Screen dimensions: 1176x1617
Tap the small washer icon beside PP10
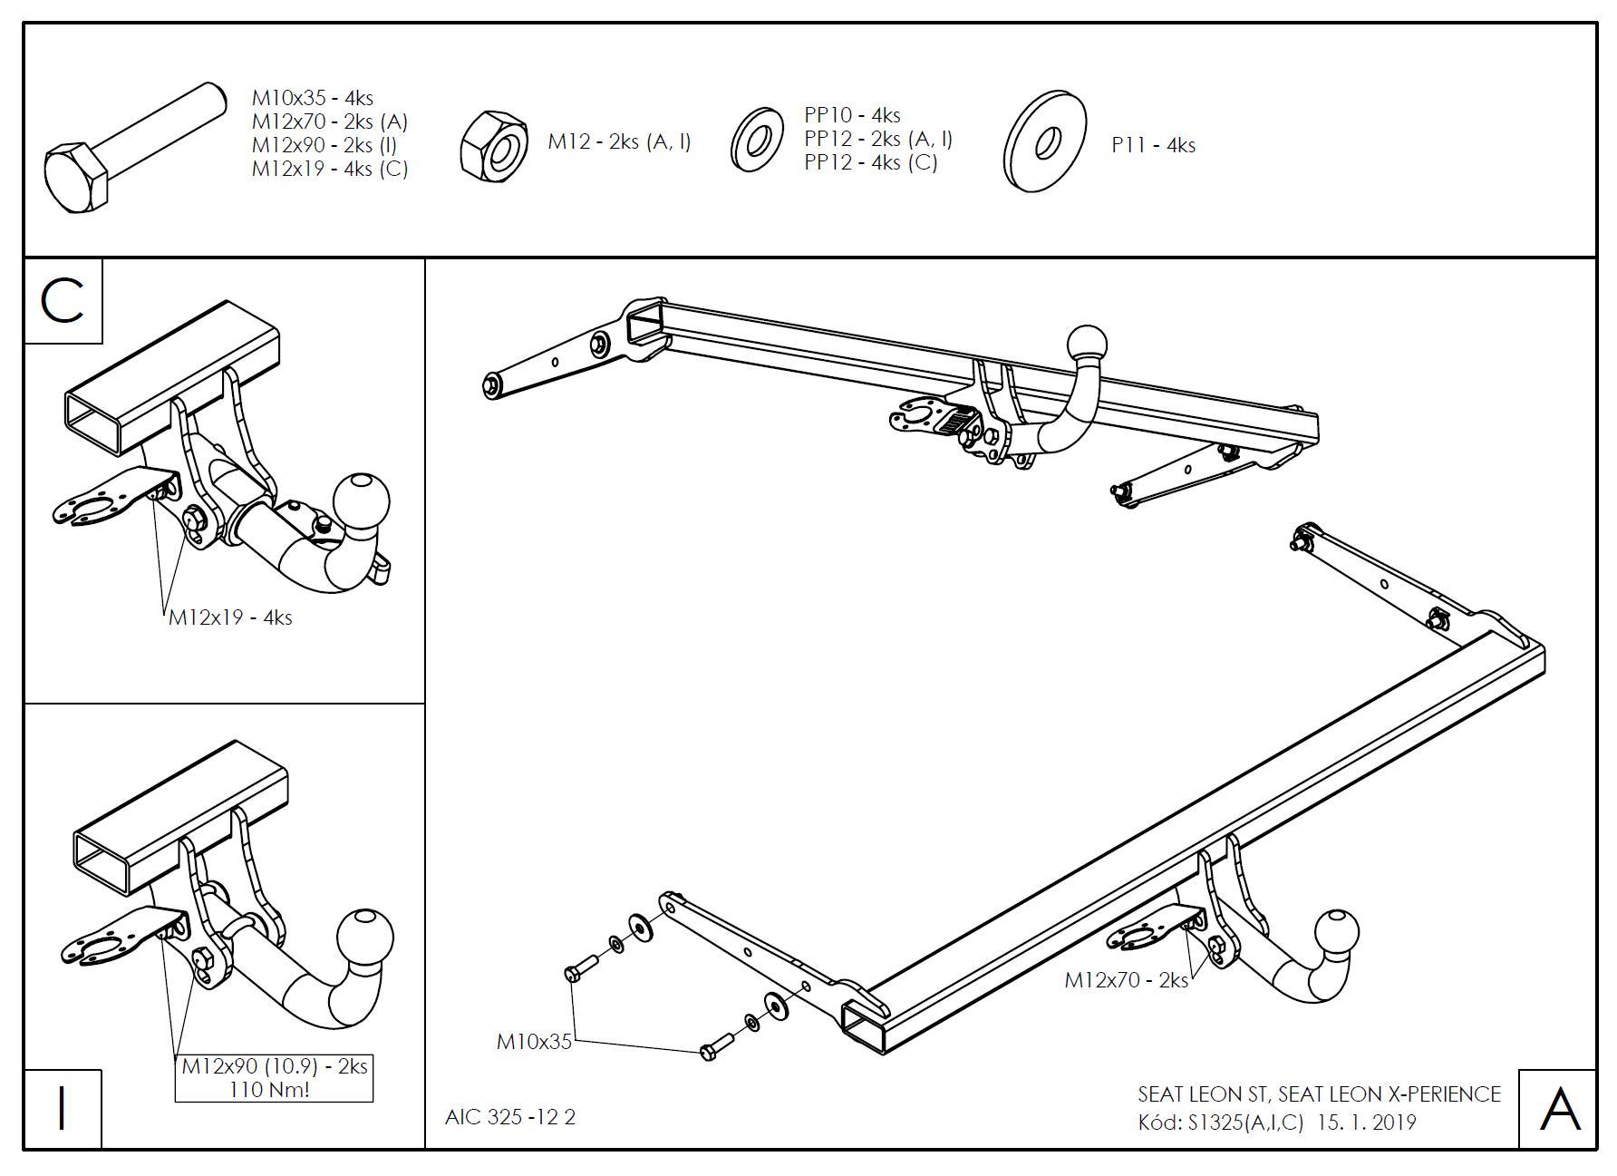click(x=756, y=140)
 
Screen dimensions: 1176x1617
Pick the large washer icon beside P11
click(x=1046, y=141)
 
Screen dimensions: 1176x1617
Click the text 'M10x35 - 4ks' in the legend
click(x=312, y=98)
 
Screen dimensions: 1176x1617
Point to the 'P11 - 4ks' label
click(x=1153, y=145)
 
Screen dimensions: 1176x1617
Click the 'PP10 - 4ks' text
click(x=852, y=115)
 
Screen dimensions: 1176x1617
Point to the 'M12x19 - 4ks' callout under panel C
click(x=230, y=617)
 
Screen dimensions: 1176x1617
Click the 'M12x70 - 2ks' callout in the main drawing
click(x=1126, y=980)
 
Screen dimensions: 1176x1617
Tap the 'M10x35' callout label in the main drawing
click(x=534, y=1042)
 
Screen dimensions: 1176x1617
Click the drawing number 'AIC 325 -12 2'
click(x=510, y=1117)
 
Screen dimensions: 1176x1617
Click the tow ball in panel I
click(x=365, y=936)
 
